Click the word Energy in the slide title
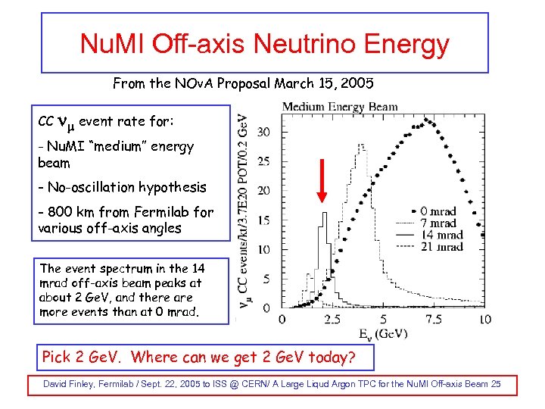406,44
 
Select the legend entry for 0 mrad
439,212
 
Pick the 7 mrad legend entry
439,223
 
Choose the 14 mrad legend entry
439,235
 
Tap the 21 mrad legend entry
439,247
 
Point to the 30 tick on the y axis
263,132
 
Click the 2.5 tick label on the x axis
332,320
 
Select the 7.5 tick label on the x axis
434,320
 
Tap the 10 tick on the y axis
263,249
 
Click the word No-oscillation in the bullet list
89,186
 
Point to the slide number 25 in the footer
494,384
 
